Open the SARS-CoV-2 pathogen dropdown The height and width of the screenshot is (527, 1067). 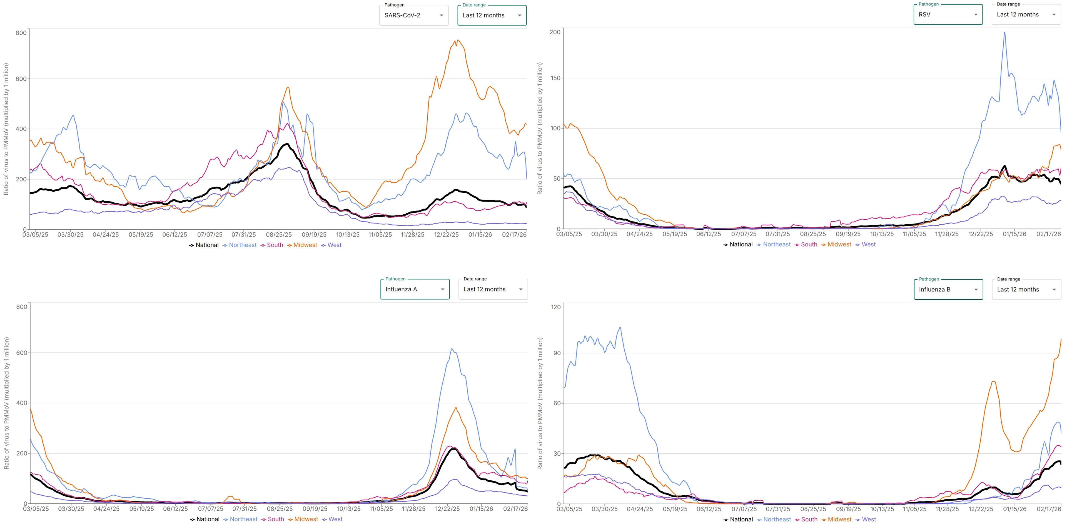[413, 15]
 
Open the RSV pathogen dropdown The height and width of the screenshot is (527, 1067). [948, 14]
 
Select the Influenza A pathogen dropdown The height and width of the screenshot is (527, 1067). [415, 289]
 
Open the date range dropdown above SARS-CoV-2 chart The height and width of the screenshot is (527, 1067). [492, 15]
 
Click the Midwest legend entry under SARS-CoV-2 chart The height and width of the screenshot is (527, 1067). [305, 245]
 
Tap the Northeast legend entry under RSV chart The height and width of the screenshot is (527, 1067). [776, 245]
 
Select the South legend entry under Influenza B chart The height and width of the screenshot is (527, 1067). [809, 520]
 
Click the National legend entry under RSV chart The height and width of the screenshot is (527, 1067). [741, 245]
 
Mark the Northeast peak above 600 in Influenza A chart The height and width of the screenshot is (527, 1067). [452, 349]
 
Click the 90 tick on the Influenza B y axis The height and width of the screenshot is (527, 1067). [557, 353]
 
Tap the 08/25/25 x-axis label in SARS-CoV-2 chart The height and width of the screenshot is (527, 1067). [279, 235]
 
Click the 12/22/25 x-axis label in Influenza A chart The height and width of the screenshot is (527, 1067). [447, 509]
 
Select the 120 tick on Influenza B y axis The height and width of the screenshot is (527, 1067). [556, 307]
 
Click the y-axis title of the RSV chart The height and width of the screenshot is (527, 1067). [539, 128]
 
